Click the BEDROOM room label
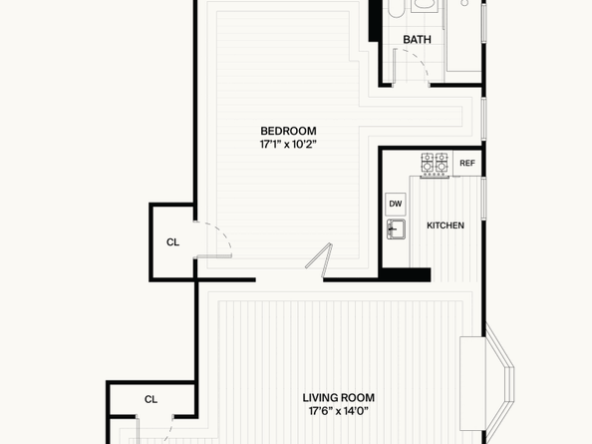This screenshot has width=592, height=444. click(x=288, y=131)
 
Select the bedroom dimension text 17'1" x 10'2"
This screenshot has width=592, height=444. click(x=288, y=145)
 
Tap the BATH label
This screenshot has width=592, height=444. click(x=417, y=40)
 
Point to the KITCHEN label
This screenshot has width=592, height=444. click(x=445, y=225)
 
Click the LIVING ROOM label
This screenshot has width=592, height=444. click(x=339, y=398)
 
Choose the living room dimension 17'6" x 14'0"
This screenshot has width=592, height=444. click(x=339, y=411)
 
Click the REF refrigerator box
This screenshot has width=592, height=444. click(x=467, y=164)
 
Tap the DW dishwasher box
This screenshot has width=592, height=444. click(x=396, y=205)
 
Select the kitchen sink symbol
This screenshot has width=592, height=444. click(x=396, y=229)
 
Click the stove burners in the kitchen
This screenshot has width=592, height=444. click(x=435, y=164)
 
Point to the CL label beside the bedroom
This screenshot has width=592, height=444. click(x=173, y=242)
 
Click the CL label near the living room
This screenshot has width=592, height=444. click(x=150, y=399)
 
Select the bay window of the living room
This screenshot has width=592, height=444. click(x=500, y=382)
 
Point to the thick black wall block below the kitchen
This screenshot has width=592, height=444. click(x=405, y=274)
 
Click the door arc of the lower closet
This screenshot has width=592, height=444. click(x=168, y=429)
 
